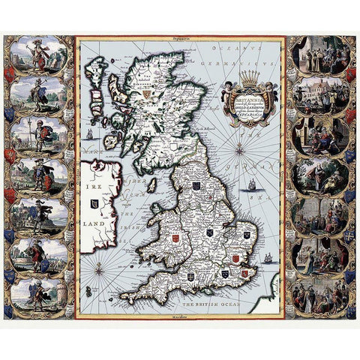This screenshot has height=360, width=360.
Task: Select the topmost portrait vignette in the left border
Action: (34, 54)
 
